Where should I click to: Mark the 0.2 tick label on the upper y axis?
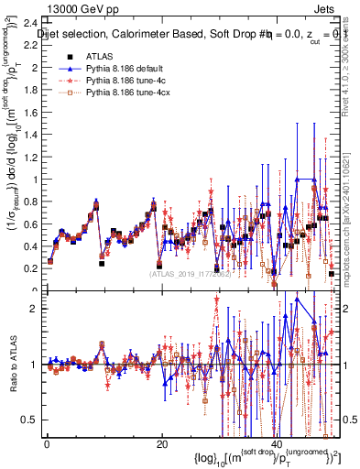[x=30, y=267]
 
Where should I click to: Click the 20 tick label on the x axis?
[x=160, y=443]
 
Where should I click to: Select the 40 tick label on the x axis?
[x=276, y=443]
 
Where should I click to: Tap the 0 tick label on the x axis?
[x=46, y=443]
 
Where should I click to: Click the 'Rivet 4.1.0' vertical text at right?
[x=349, y=73]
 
